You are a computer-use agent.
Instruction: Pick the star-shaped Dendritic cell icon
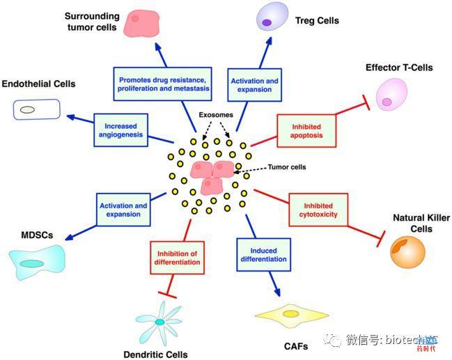pos(160,321)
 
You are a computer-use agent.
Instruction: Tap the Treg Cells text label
pos(317,21)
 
